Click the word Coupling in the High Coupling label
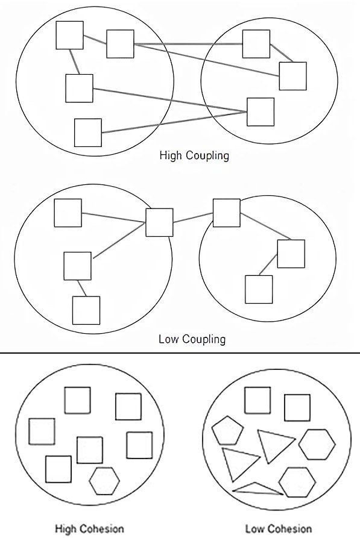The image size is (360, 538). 207,156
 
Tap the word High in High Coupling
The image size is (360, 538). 171,155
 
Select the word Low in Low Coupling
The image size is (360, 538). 168,339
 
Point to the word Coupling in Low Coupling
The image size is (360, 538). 204,340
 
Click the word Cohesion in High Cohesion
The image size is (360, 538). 102,529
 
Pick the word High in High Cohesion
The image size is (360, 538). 67,529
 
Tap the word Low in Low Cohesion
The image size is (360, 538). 255,529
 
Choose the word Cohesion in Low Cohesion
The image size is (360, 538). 290,529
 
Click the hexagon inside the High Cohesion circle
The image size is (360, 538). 104,481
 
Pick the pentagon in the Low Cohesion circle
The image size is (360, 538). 227,431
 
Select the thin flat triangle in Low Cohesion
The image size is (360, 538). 257,489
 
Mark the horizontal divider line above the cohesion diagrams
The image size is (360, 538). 180,352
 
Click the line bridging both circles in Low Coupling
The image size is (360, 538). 193,218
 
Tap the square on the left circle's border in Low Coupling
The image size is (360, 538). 159,222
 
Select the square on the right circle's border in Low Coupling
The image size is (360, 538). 226,213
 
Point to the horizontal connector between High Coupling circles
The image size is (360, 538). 188,44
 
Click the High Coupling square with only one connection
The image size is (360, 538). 88,133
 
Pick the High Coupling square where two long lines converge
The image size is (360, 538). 261,112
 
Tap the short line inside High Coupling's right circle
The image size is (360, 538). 282,53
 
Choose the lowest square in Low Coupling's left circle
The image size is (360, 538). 86,310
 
